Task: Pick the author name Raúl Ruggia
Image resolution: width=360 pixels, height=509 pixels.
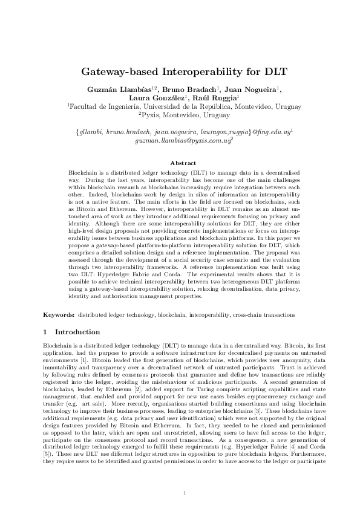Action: click(x=218, y=98)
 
